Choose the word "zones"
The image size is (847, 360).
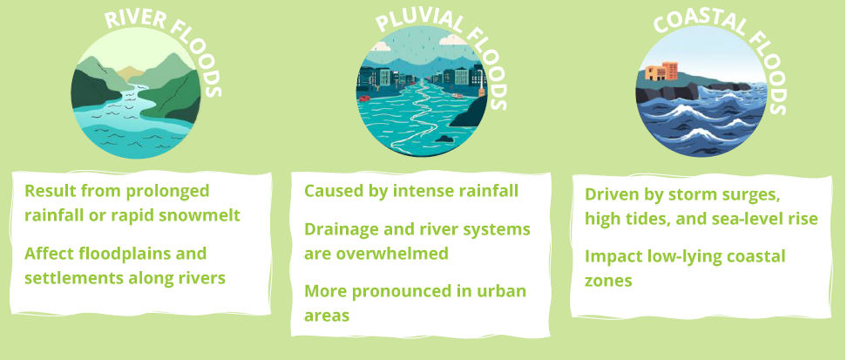click(x=608, y=281)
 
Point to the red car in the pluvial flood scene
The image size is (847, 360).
click(x=364, y=98)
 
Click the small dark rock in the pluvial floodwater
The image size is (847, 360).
click(x=444, y=139)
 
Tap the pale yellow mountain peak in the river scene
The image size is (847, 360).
click(x=130, y=73)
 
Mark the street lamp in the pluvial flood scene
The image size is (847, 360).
click(x=479, y=81)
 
